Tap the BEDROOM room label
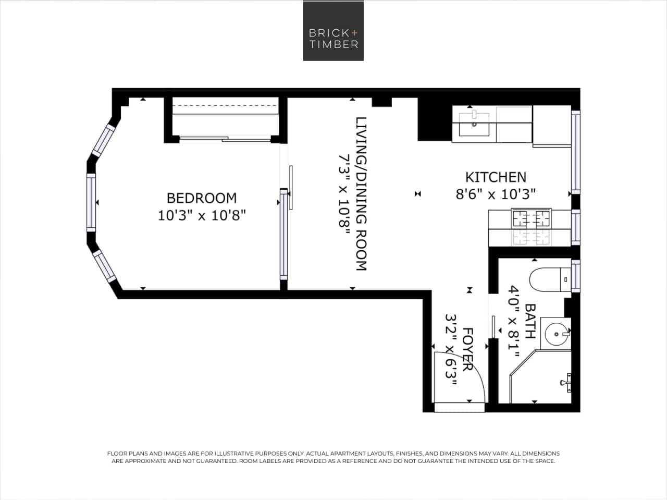pos(201,198)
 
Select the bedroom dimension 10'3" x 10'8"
pos(201,215)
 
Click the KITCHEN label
pos(495,177)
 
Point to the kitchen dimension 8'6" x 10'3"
pos(496,194)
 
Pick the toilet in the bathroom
pos(547,279)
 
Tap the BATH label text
pos(530,321)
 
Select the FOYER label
pos(467,349)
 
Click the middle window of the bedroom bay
pos(91,203)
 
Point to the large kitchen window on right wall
pos(575,152)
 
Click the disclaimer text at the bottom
pos(333,457)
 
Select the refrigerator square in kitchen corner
pos(552,125)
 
